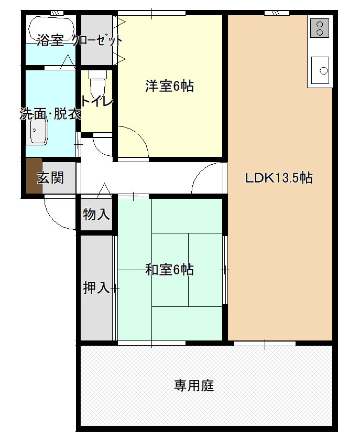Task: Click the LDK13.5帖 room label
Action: (279, 178)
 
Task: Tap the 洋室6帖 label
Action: (169, 86)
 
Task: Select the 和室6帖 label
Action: (169, 270)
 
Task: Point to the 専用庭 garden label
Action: (194, 386)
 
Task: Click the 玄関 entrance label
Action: (50, 178)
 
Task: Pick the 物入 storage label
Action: (96, 214)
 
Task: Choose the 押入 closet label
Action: (96, 287)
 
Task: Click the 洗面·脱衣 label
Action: (50, 114)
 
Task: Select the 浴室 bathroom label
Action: (50, 40)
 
